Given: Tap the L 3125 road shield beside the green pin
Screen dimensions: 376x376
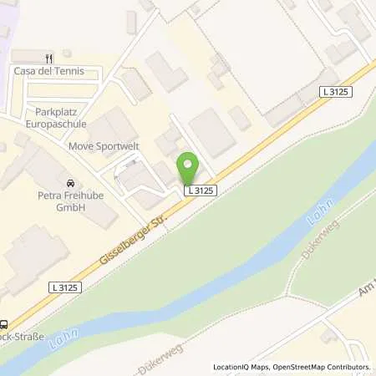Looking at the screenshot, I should click(x=201, y=191).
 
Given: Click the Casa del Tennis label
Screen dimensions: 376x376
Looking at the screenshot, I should click(x=48, y=71).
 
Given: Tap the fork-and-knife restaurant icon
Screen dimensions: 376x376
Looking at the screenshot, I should click(x=48, y=58).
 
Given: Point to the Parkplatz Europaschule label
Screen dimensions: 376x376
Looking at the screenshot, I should click(x=62, y=117).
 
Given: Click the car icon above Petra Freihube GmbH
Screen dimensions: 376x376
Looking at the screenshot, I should click(x=70, y=183).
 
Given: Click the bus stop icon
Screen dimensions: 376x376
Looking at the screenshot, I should click(x=4, y=325).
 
